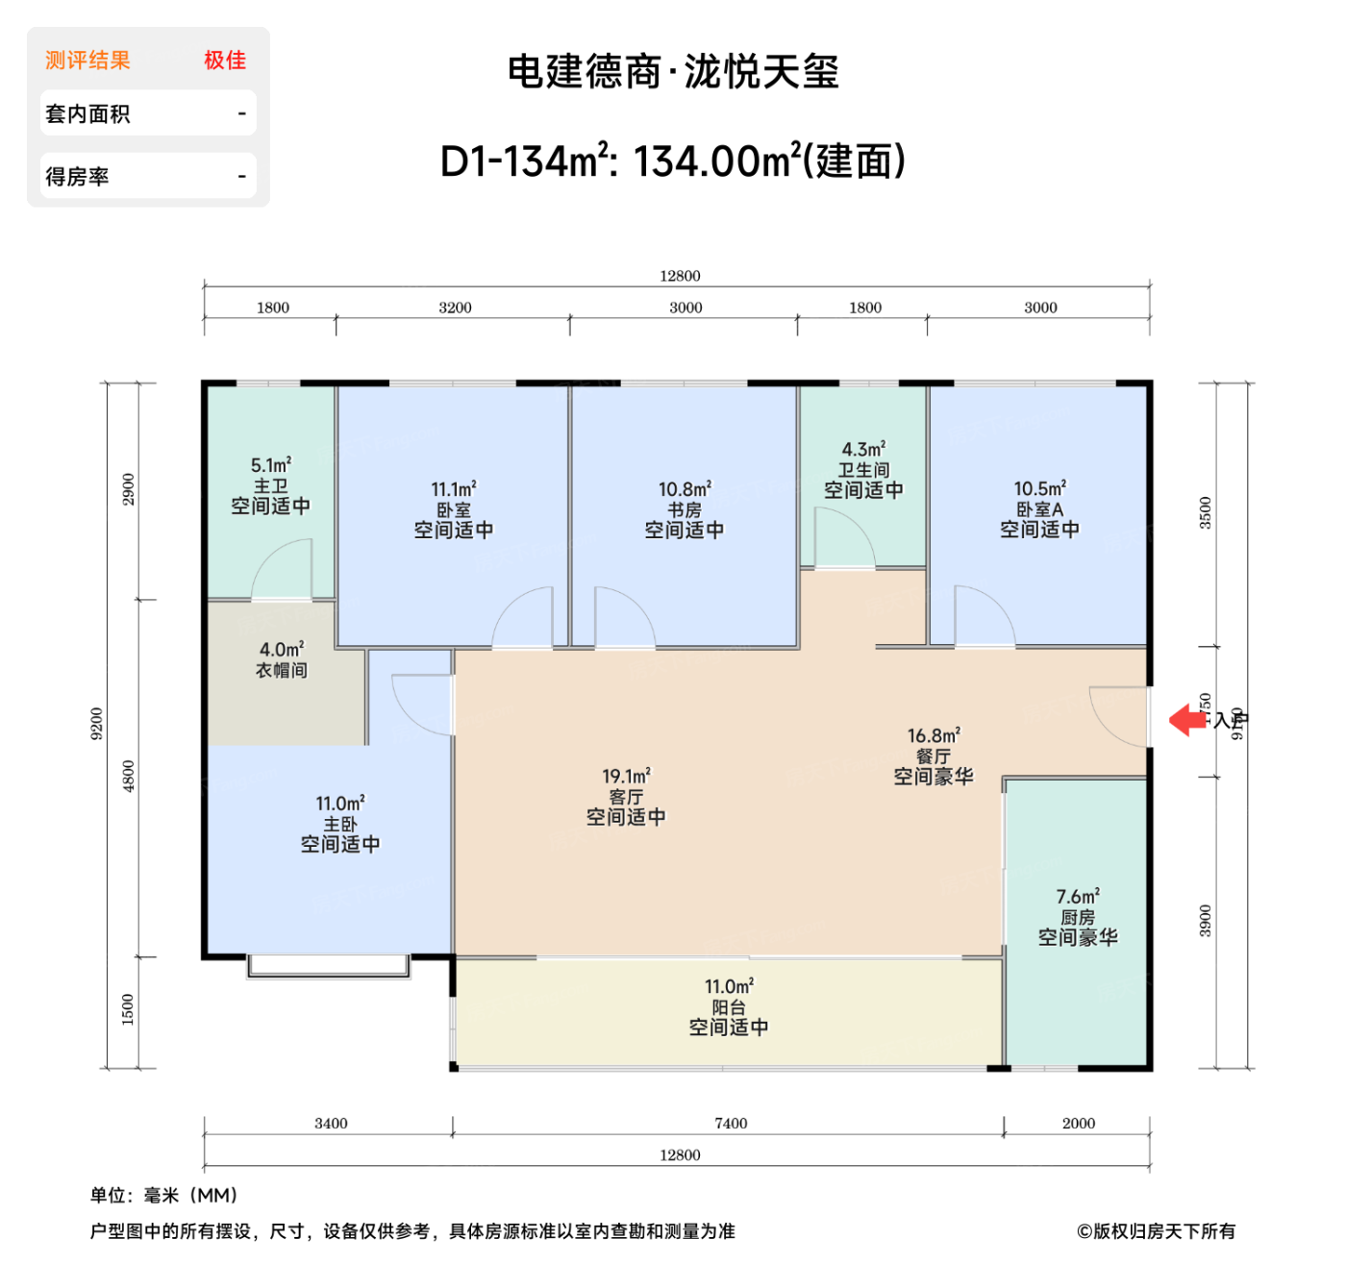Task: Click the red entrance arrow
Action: coord(1187,719)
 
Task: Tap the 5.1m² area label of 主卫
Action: coord(271,465)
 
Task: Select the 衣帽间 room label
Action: coord(282,671)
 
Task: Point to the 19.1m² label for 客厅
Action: coord(626,776)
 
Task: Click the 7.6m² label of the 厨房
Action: coord(1078,897)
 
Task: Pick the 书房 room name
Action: coord(685,509)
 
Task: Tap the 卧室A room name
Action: coord(1039,509)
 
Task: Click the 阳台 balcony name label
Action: coord(729,1007)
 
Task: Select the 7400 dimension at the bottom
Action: coord(731,1123)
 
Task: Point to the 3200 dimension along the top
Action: coord(455,308)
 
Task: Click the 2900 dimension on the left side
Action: coord(129,489)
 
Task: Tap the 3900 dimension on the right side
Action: coord(1206,921)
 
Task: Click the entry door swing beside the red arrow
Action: coord(1117,716)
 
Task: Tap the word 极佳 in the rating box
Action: coord(225,61)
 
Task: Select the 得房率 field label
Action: coord(77,177)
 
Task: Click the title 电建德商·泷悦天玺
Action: coord(673,72)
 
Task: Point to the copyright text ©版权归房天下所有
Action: coord(1156,1231)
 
